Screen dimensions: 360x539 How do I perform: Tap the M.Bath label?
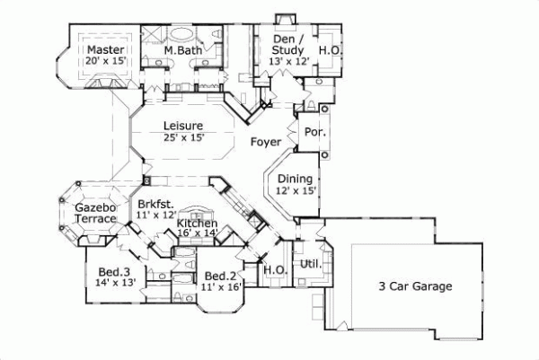click(183, 51)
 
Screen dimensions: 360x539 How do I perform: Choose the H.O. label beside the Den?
click(329, 51)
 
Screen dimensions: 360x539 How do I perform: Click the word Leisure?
click(182, 126)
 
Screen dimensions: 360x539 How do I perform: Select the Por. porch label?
click(316, 131)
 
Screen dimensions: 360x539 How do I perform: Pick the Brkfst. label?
click(155, 205)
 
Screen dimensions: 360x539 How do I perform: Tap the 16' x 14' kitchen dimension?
click(197, 233)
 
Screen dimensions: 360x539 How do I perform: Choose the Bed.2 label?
click(220, 277)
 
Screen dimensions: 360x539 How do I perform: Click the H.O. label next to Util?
click(273, 269)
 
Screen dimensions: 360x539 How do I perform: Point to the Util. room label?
click(311, 265)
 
